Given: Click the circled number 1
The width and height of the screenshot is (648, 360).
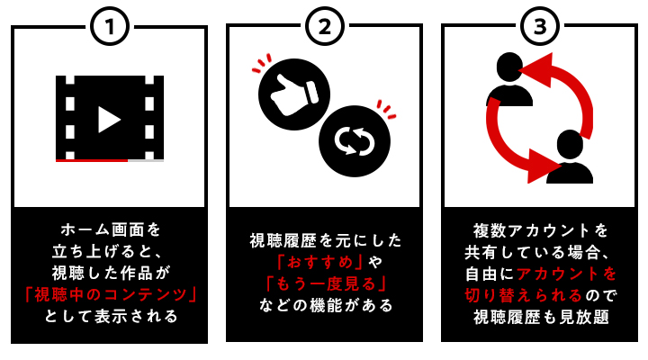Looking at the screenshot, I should click(109, 28).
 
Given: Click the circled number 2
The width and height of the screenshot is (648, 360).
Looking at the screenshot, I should click(324, 28).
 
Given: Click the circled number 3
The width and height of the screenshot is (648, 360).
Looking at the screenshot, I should click(539, 28).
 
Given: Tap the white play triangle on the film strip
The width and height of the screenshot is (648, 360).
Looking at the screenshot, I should click(109, 119).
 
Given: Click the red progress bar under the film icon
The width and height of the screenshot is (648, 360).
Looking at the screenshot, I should click(92, 160).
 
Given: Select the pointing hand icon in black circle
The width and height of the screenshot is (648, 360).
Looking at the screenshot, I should click(294, 93).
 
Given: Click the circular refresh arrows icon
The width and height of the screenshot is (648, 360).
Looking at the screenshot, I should click(354, 141).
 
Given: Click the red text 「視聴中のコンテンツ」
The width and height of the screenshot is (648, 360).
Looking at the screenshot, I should click(109, 294).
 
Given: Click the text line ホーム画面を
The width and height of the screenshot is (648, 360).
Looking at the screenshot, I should click(109, 229).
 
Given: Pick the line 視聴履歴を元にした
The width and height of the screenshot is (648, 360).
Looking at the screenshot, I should click(324, 240).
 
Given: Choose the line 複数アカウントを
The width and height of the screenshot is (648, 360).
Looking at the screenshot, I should click(539, 229).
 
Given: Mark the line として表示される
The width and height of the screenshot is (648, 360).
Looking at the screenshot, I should click(109, 316).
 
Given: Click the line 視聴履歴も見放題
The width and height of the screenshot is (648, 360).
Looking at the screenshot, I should click(539, 316).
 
